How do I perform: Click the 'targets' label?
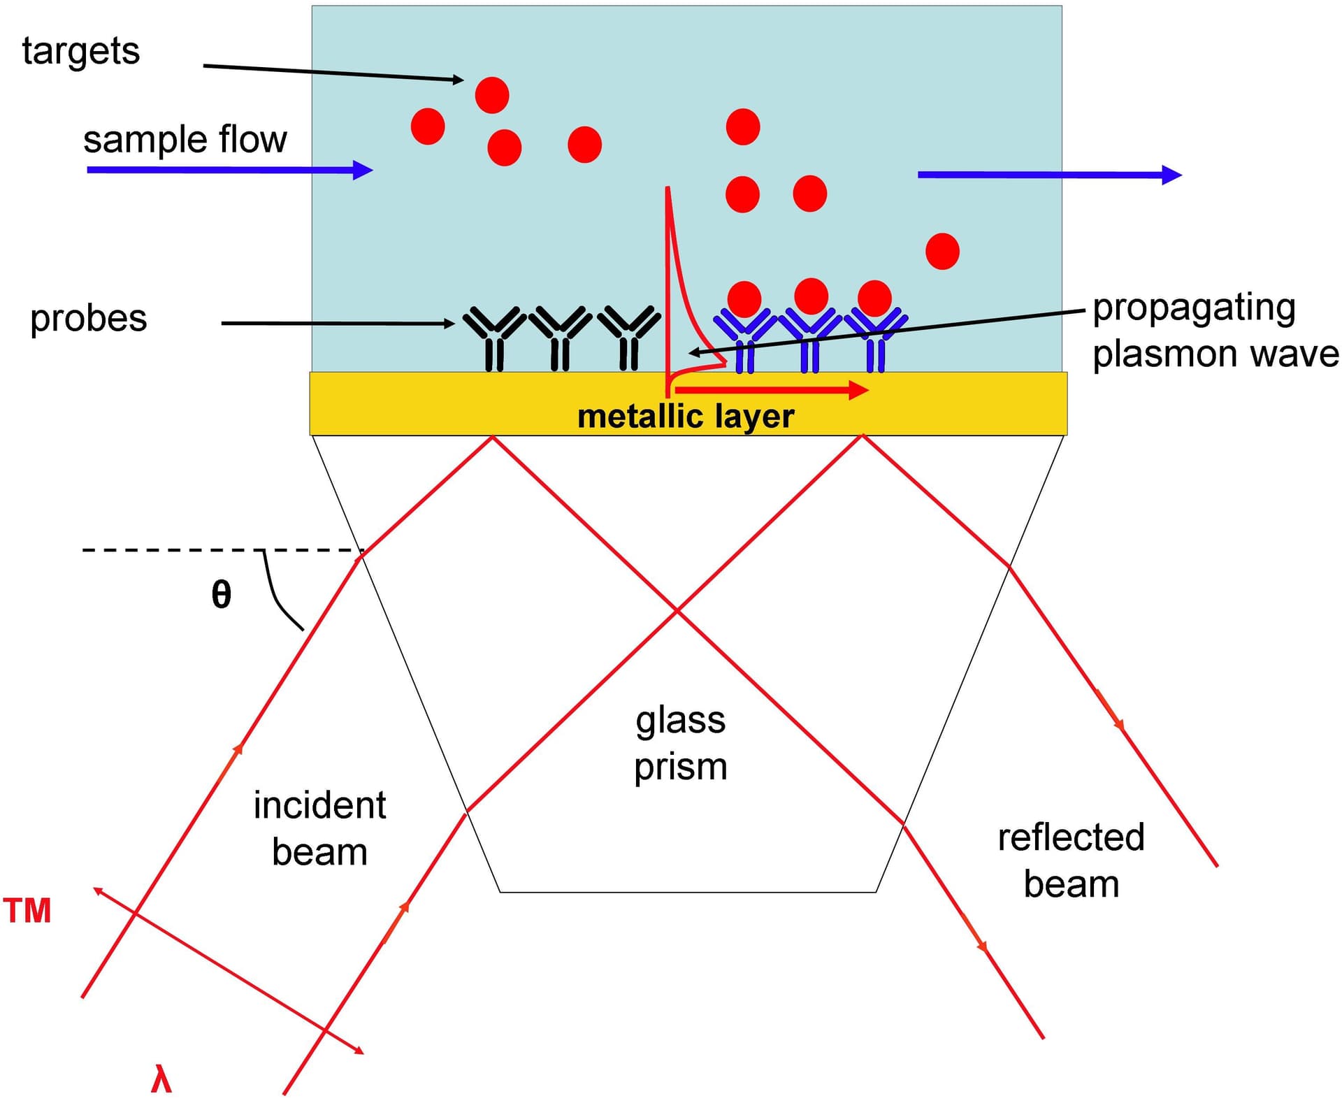[x=80, y=52]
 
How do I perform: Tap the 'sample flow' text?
[x=185, y=139]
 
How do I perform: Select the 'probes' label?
[x=89, y=319]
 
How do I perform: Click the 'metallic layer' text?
[x=685, y=417]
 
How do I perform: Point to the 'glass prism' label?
[x=680, y=743]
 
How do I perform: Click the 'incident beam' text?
[x=319, y=829]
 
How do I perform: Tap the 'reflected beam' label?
[x=1071, y=861]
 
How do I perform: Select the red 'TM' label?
[x=27, y=911]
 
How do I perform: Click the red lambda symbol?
[x=161, y=1079]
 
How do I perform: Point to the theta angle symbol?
[x=221, y=595]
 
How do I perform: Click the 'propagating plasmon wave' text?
[x=1214, y=331]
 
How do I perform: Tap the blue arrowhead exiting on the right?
[x=1171, y=175]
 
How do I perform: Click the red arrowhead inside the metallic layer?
[x=858, y=390]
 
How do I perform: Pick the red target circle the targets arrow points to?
[x=492, y=95]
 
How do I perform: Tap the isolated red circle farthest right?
[x=942, y=252]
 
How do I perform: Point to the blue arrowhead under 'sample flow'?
[x=362, y=170]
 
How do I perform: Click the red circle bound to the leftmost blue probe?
[x=744, y=299]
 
